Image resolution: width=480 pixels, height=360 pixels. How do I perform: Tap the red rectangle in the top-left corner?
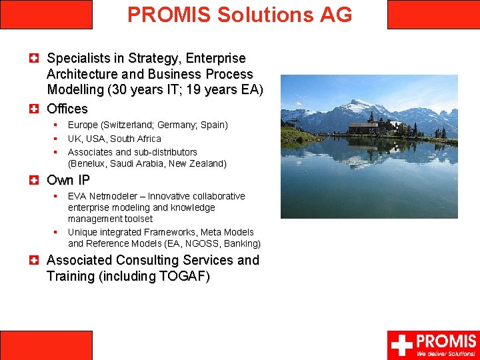46,14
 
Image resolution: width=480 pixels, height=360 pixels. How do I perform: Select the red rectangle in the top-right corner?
433,14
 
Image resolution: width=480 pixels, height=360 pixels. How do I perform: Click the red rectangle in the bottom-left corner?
46,345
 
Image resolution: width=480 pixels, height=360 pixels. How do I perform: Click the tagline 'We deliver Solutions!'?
446,353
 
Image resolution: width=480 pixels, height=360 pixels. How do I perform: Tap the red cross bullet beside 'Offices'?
33,109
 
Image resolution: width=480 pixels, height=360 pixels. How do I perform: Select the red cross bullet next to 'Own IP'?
33,180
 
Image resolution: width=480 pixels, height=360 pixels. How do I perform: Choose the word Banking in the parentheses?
241,243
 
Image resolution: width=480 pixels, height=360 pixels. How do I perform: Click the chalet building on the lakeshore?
364,127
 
